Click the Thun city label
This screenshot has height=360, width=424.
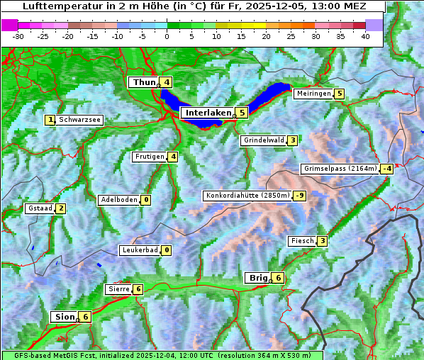click(144, 83)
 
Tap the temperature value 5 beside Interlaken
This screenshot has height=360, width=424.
click(242, 113)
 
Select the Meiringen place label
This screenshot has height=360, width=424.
click(313, 94)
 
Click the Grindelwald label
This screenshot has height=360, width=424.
click(263, 140)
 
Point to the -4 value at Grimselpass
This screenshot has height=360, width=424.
click(386, 169)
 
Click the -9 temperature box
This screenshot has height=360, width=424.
click(300, 196)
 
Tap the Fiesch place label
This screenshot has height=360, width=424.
click(302, 241)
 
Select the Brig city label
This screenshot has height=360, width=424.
click(257, 278)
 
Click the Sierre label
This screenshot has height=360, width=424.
click(118, 289)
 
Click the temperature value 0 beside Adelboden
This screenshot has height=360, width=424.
click(145, 200)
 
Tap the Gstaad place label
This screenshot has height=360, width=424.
click(39, 208)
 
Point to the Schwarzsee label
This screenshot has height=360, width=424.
click(79, 120)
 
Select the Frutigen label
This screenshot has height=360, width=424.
click(149, 157)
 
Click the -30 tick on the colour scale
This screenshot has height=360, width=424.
click(18, 36)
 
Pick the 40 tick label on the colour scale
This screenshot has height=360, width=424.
click(365, 36)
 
